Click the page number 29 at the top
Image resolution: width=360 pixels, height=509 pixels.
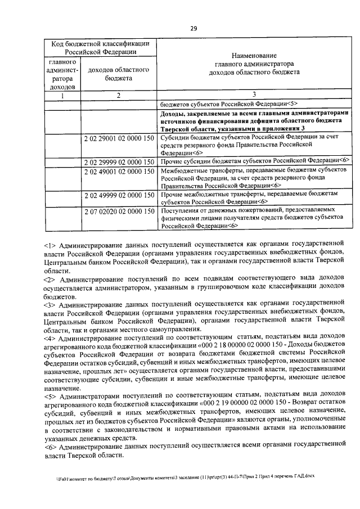[x=193, y=29]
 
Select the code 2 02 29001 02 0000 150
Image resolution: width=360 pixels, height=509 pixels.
[x=118, y=137]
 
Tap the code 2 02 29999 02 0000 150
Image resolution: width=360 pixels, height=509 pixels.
[x=118, y=161]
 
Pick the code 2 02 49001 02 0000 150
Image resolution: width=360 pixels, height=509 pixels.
[x=118, y=170]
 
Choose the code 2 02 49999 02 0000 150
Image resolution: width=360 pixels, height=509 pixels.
[x=118, y=194]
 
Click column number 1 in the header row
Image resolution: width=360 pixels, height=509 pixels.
[x=63, y=95]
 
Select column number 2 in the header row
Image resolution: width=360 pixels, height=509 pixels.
[x=118, y=95]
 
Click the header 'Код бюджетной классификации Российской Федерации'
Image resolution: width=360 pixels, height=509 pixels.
[x=100, y=48]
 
